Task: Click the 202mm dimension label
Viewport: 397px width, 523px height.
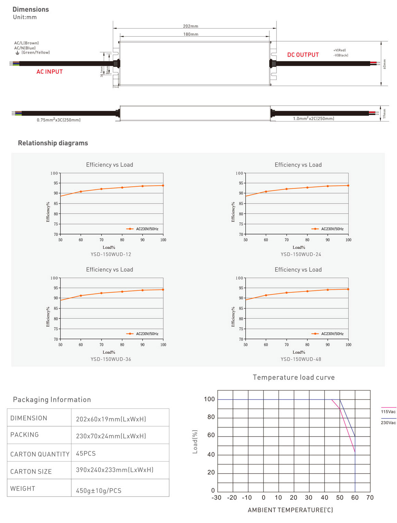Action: coord(190,26)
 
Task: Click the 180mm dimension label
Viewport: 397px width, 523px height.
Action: coord(190,34)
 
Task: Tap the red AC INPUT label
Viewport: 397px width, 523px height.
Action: coord(49,72)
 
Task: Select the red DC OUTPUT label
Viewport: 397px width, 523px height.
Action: coord(303,55)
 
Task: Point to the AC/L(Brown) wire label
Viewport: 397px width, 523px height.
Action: coord(26,43)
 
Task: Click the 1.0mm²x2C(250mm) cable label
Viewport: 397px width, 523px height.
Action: coord(313,119)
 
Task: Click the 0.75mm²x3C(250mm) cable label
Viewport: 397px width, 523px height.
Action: coord(59,120)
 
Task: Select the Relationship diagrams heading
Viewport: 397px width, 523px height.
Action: coord(53,143)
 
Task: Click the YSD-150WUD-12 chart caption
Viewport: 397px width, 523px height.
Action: coord(111,254)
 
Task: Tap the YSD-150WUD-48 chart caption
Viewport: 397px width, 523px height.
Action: coord(301,359)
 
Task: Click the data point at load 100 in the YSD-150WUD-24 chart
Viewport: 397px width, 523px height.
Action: coord(348,186)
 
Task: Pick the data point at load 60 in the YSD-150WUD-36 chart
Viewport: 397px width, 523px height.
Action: coord(81,295)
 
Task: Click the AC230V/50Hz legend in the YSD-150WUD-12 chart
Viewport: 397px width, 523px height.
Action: coord(147,229)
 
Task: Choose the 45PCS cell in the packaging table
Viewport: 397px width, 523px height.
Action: coord(86,454)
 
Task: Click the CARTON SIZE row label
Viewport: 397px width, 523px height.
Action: coord(31,472)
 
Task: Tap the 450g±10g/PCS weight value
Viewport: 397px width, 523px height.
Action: coord(99,491)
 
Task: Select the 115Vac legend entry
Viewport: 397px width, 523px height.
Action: coord(388,412)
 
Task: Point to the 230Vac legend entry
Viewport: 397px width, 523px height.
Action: coord(388,423)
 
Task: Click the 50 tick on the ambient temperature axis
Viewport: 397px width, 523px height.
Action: coord(340,498)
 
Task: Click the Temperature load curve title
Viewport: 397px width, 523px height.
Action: coord(294,377)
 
